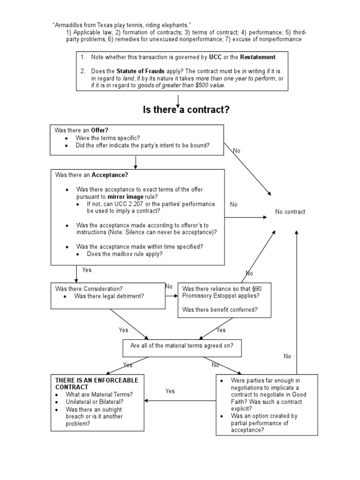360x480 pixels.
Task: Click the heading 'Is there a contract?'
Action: (186, 110)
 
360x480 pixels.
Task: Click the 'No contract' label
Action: (290, 212)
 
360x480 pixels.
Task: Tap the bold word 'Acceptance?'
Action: (110, 175)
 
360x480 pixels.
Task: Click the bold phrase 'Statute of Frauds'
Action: (140, 71)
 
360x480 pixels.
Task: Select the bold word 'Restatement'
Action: (258, 57)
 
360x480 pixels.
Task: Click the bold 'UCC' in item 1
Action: (215, 57)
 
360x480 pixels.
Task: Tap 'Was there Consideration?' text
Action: (89, 289)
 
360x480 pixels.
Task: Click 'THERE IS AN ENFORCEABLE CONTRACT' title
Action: (97, 383)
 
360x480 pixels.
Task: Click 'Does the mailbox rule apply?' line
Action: (125, 254)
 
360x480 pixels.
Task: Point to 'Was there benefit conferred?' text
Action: (219, 310)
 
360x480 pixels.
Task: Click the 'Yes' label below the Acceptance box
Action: (87, 270)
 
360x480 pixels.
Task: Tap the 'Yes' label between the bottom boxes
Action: (170, 391)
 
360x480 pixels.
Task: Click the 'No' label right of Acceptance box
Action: (233, 205)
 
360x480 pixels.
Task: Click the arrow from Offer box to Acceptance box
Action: (135, 162)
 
